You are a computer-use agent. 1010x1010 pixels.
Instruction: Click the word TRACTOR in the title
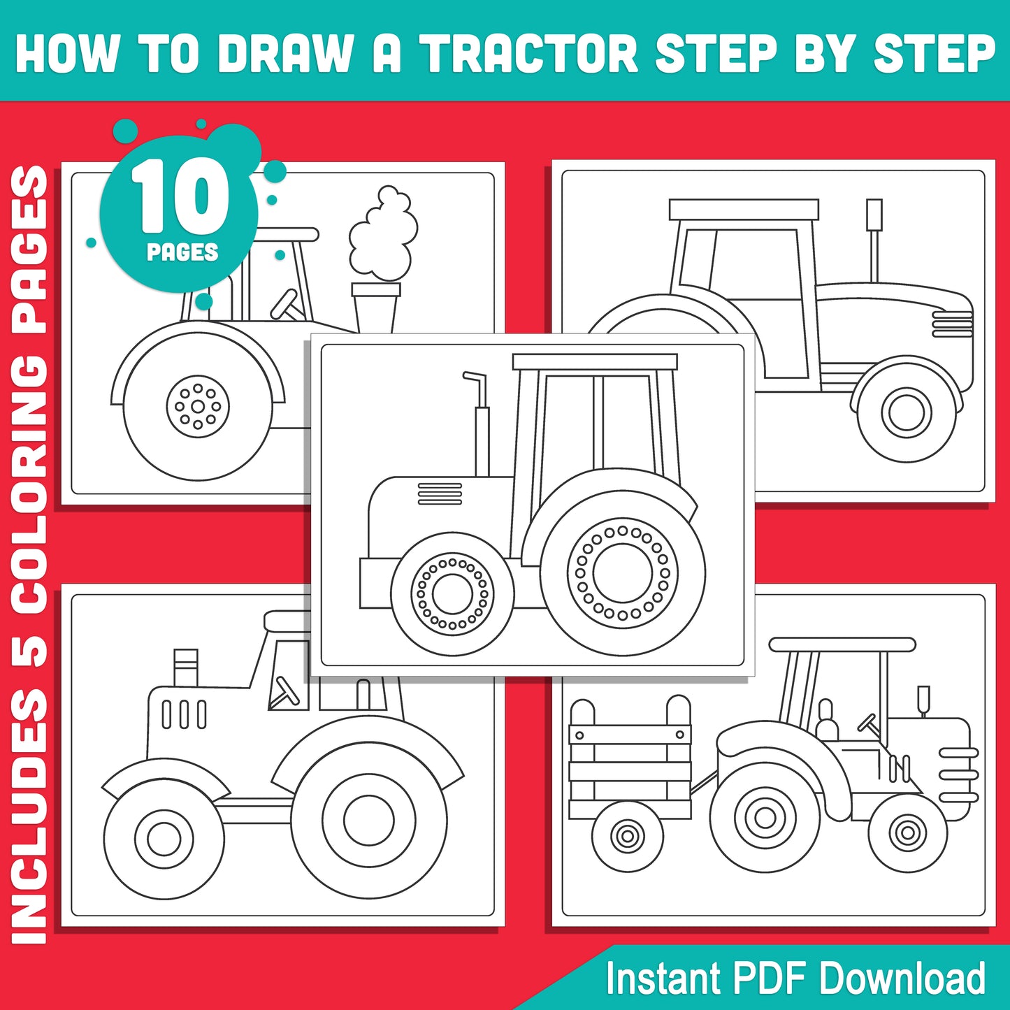[x=528, y=53]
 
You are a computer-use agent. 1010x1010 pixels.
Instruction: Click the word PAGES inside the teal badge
[x=182, y=252]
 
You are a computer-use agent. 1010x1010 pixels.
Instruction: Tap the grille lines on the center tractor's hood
[x=440, y=493]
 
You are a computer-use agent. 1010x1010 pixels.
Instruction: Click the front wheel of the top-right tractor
[x=906, y=412]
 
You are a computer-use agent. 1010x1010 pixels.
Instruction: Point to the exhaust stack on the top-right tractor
[x=874, y=238]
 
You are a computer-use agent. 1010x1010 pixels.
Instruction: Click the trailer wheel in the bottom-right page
[x=627, y=835]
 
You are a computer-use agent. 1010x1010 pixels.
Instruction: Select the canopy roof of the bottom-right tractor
[x=842, y=644]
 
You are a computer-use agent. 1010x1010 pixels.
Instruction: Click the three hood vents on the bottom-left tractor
[x=184, y=714]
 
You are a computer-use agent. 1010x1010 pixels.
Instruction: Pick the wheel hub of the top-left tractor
[x=198, y=406]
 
